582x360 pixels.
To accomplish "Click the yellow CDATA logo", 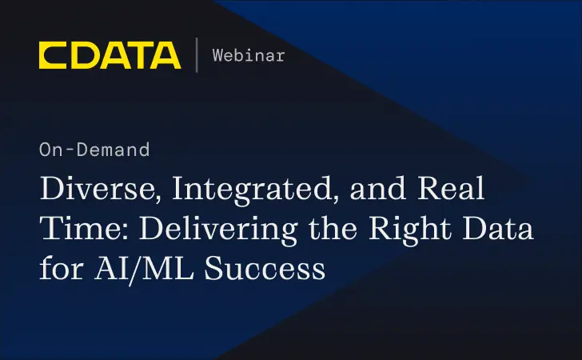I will click(110, 55).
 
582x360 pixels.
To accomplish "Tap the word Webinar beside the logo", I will click(249, 55).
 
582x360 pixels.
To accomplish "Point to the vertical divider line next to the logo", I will click(197, 55).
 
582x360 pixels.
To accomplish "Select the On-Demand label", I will click(94, 149).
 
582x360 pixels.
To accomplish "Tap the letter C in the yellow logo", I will click(54, 55).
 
